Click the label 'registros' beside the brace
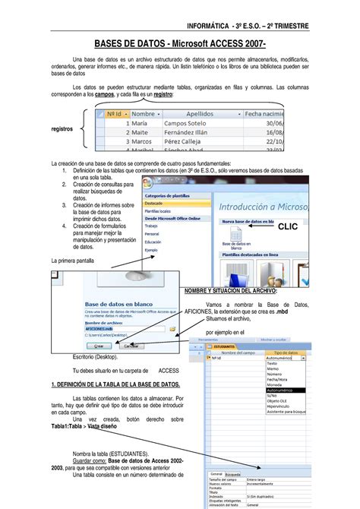(62, 129)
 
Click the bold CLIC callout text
(288, 226)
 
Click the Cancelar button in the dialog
(131, 345)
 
